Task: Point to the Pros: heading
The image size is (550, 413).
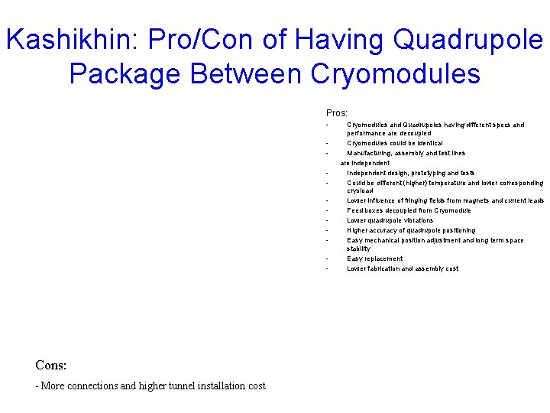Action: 337,113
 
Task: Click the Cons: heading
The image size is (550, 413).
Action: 51,366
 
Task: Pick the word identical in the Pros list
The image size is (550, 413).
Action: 428,143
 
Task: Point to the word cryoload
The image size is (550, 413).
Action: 360,191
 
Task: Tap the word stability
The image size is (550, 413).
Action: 358,249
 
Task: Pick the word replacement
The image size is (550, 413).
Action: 383,259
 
